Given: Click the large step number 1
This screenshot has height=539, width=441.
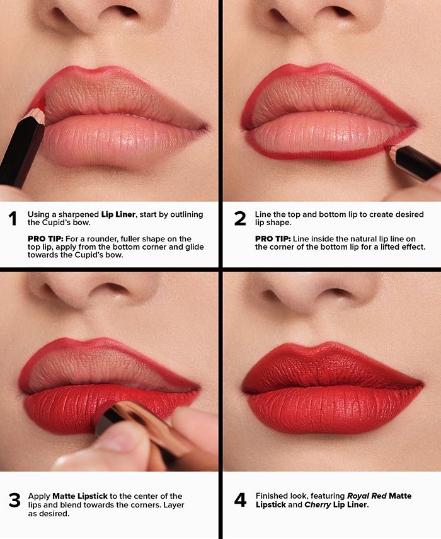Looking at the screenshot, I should tap(12, 219).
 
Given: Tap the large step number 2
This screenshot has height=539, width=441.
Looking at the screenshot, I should tap(240, 219).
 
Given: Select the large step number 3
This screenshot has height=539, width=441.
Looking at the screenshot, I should tap(14, 501).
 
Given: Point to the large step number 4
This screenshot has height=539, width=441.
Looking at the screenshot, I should tap(240, 501).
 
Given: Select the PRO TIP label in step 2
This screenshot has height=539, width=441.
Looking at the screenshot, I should tap(273, 239).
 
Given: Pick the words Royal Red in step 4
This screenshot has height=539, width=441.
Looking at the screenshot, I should tap(367, 496).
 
